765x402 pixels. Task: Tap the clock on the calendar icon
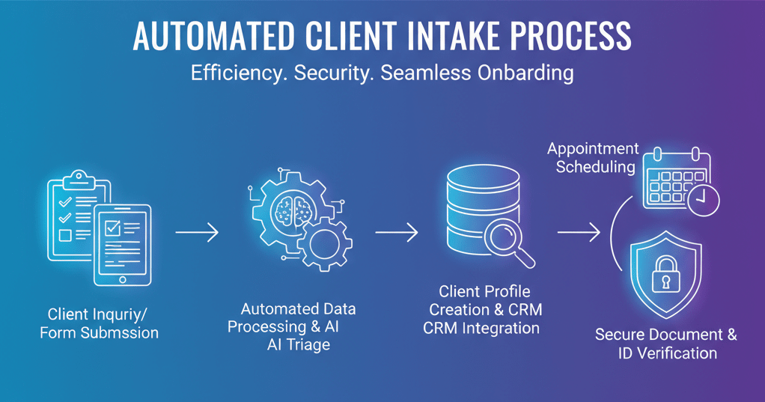[704, 200]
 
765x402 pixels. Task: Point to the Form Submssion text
[99, 332]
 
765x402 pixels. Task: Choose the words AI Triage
[298, 344]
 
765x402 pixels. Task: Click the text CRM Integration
[481, 327]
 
